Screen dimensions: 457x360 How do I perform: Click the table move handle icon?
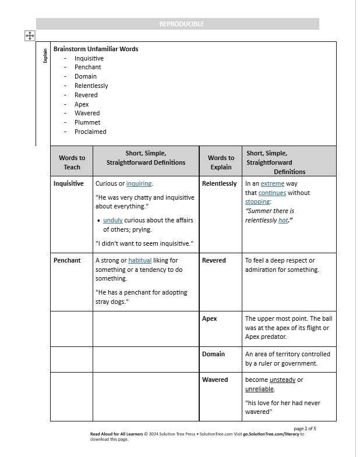30,36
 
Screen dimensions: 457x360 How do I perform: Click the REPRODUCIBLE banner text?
182,24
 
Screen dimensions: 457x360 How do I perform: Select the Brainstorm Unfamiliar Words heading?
96,49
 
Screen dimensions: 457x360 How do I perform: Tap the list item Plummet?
87,122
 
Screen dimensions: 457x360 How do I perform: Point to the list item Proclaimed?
90,132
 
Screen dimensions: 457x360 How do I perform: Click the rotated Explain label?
45,56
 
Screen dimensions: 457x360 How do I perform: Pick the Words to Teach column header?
72,162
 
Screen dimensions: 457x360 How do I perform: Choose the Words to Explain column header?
221,162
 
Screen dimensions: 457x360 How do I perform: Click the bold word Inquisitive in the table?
69,183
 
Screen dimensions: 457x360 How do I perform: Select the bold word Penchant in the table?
67,260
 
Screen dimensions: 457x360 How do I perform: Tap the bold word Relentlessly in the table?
219,183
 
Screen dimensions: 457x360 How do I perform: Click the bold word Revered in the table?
214,260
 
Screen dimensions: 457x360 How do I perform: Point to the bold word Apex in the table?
209,318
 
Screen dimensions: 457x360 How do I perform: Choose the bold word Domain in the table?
213,354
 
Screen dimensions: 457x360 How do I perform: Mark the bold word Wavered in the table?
215,380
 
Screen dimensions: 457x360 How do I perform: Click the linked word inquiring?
139,183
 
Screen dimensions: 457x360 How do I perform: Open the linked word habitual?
140,260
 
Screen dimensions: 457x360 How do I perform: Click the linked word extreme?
273,183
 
